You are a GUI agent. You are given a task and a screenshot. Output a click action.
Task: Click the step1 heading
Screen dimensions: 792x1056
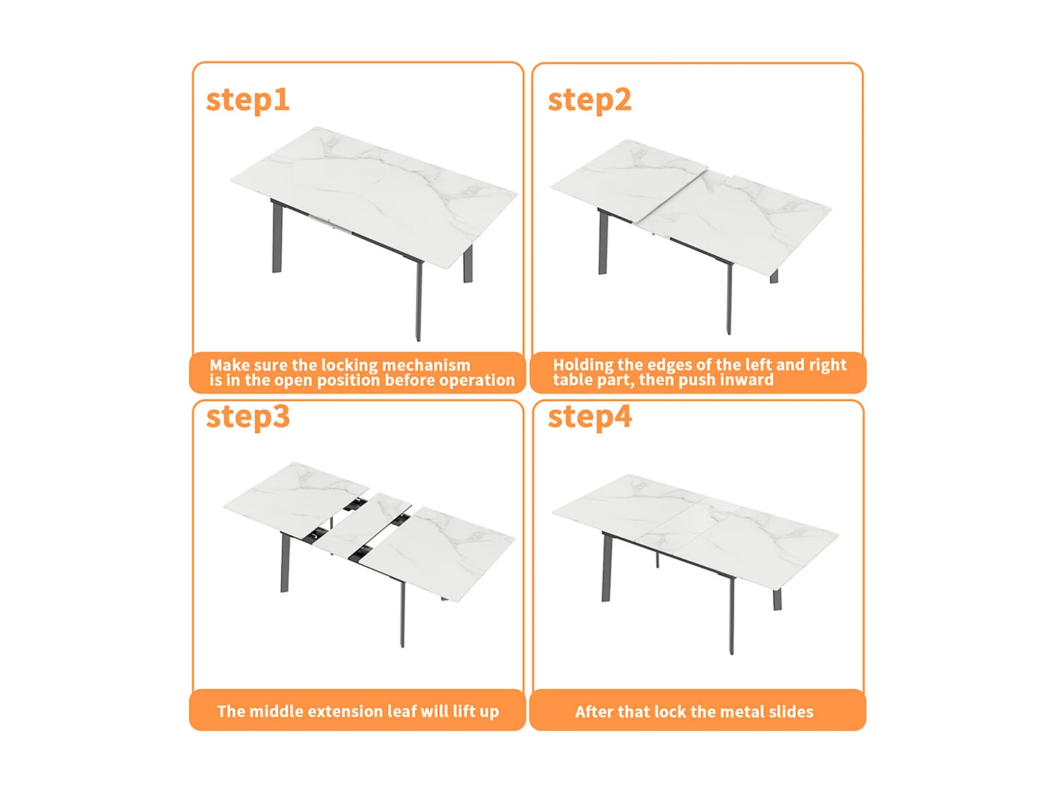coord(248,101)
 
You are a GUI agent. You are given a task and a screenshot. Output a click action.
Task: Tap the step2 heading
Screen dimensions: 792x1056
coord(589,101)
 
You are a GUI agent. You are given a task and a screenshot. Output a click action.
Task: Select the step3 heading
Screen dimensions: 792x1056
coord(248,417)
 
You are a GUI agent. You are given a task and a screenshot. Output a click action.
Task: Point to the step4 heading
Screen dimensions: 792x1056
coord(589,417)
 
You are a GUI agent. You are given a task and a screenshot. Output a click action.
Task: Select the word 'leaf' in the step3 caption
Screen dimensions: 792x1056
coord(401,711)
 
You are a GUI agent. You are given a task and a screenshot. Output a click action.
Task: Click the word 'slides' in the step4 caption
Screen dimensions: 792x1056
coord(791,712)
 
